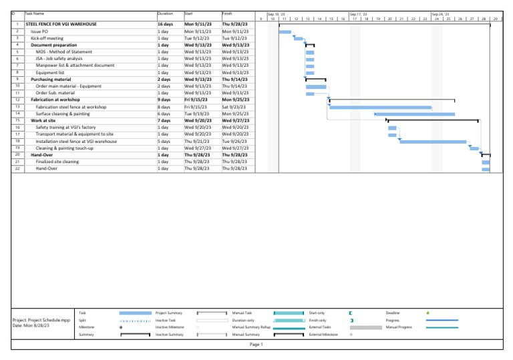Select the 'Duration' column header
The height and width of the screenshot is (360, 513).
point(164,13)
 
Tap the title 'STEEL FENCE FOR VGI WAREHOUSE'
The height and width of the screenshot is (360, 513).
point(61,23)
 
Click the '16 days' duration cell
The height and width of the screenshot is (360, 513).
point(165,23)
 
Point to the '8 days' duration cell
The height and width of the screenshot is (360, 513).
point(164,107)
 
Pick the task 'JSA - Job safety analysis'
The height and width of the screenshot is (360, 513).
point(59,59)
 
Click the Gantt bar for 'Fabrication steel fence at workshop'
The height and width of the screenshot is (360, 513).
point(380,107)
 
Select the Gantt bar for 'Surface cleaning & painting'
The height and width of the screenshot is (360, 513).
point(415,114)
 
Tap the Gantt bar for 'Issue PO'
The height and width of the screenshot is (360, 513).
point(285,31)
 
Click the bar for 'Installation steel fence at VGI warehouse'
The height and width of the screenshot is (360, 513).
point(432,142)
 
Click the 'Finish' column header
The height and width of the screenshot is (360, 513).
point(227,13)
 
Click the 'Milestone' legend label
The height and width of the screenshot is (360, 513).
point(87,327)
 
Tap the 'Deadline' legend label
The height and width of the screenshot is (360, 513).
point(393,313)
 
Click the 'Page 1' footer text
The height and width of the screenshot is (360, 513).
point(256,345)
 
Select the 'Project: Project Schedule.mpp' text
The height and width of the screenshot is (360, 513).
point(41,320)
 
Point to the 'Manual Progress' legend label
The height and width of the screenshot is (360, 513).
point(398,327)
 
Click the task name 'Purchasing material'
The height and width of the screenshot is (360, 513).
point(51,79)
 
